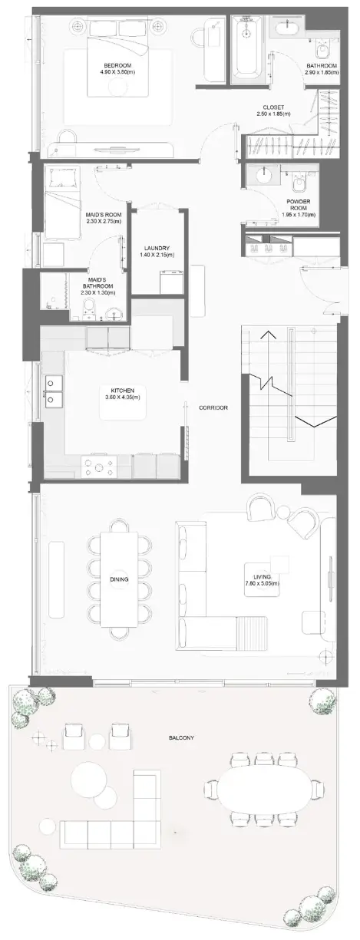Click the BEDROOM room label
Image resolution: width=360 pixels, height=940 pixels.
coord(117,65)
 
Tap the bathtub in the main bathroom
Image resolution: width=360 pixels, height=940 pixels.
coord(249,48)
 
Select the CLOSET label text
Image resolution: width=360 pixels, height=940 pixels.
coord(273,107)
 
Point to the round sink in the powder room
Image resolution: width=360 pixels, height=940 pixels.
coord(265,173)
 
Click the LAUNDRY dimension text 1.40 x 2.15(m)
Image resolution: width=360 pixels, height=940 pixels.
coord(157,254)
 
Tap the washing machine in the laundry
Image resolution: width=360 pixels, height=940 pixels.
coord(171,283)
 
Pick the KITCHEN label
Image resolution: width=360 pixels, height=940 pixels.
coord(123,391)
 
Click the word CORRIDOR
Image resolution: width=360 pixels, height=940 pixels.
coord(213,407)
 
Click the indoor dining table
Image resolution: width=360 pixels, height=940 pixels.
coord(119,579)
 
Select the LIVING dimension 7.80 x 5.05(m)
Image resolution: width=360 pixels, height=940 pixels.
coord(263,584)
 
